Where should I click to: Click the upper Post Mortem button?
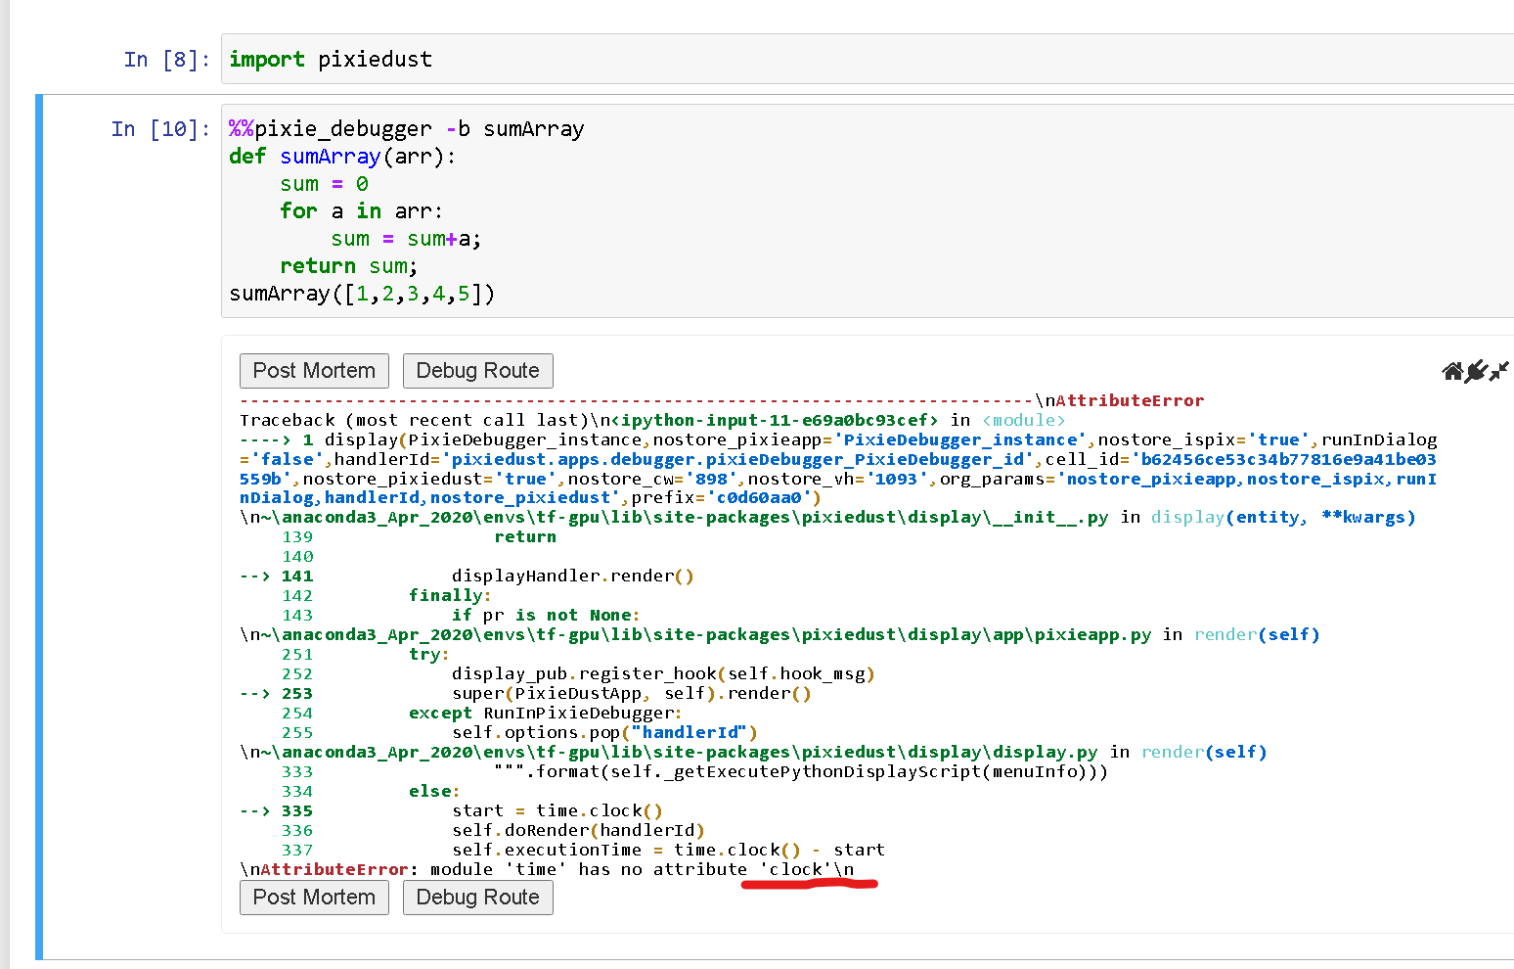314,371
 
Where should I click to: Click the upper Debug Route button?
477,371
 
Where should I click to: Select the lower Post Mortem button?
314,898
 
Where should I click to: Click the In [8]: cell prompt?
166,60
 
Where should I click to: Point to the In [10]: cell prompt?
160,129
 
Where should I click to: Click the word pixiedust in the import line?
375,60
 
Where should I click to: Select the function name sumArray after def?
330,157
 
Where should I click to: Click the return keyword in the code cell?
317,266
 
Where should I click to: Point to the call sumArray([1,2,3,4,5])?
362,294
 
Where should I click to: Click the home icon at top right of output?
1452,371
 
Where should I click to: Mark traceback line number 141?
297,577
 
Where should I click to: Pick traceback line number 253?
297,694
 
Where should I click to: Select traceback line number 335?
297,811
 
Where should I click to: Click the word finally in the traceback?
446,596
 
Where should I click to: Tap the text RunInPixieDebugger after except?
578,714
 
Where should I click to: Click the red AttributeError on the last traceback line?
334,869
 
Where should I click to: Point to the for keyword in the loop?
298,211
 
